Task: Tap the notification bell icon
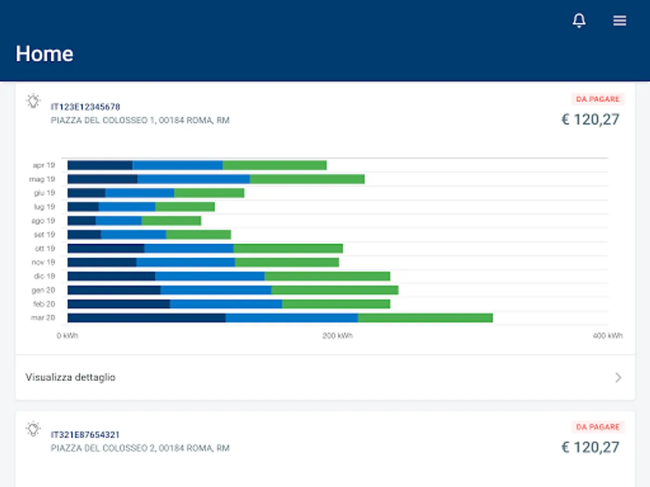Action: pos(579,21)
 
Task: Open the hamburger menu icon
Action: pos(620,21)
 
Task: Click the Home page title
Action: pos(44,54)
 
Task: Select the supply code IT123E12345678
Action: pos(86,107)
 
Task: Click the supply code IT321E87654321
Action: pos(86,435)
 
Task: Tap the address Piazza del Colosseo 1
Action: pos(140,120)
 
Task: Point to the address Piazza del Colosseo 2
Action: pos(140,448)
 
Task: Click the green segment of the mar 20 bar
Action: pos(425,318)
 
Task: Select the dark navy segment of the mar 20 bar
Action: pos(146,318)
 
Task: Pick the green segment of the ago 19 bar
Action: pos(171,220)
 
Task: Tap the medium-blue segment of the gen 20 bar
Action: pos(216,290)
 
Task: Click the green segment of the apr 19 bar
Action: pos(275,165)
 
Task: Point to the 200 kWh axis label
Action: pos(337,336)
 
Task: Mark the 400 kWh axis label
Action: pos(607,336)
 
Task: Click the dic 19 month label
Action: pos(43,276)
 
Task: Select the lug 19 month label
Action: pos(44,207)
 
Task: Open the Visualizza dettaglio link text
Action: pos(70,377)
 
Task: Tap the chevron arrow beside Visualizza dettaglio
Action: pos(618,378)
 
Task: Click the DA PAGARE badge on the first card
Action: pos(598,99)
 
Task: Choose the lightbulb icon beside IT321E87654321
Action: pos(34,429)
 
